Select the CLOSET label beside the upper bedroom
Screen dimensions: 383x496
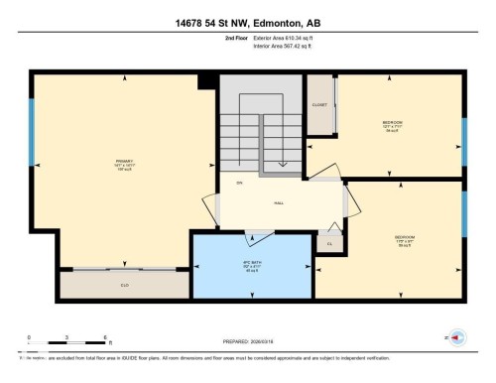(x=319, y=103)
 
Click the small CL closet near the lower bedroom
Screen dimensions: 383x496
(x=328, y=242)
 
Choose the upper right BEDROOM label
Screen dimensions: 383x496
(x=393, y=124)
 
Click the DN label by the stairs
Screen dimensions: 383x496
(x=239, y=184)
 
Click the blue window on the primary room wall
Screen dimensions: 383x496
(x=32, y=129)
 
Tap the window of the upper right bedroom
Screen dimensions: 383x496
(x=463, y=133)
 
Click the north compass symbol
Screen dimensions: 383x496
(x=457, y=338)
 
